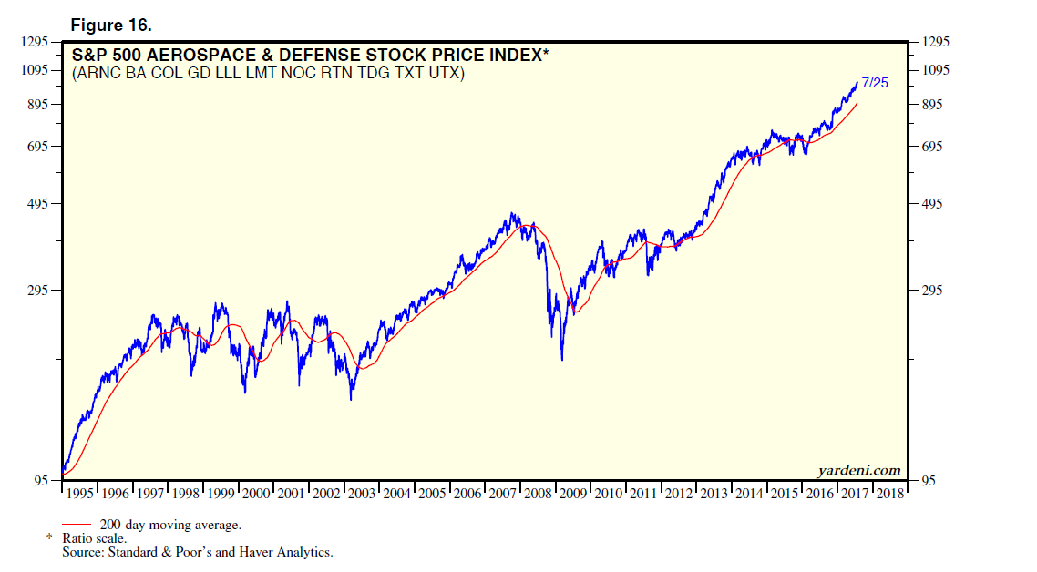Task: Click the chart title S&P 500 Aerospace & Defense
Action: [x=310, y=56]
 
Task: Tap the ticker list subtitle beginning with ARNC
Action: [x=268, y=74]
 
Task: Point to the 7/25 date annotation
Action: [x=874, y=83]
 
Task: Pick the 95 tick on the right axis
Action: [x=927, y=481]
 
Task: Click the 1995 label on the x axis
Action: [x=79, y=494]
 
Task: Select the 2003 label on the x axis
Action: [x=361, y=494]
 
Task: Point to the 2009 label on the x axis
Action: [x=572, y=494]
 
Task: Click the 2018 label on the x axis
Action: [x=889, y=494]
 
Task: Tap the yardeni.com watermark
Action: [x=859, y=470]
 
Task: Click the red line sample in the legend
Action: [x=78, y=525]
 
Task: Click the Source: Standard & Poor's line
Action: [x=197, y=552]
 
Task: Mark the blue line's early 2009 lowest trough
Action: [x=561, y=360]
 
